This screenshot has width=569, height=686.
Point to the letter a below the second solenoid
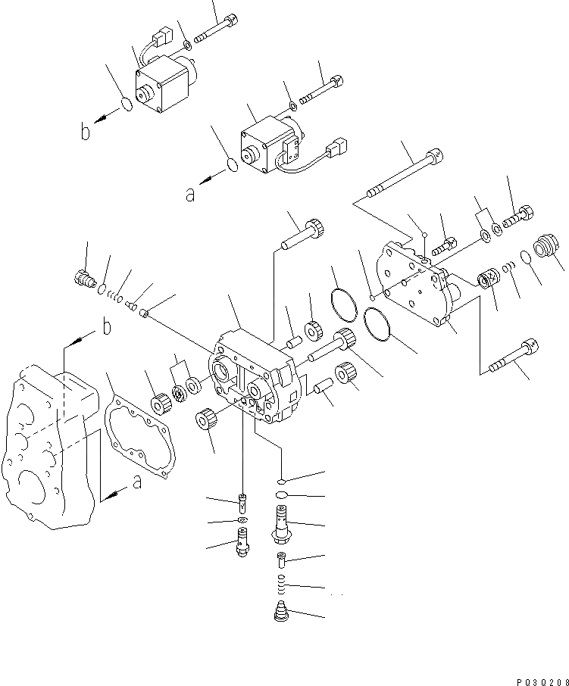click(x=190, y=194)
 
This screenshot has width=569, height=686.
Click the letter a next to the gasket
click(x=136, y=482)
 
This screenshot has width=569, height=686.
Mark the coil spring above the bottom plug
click(x=281, y=584)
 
